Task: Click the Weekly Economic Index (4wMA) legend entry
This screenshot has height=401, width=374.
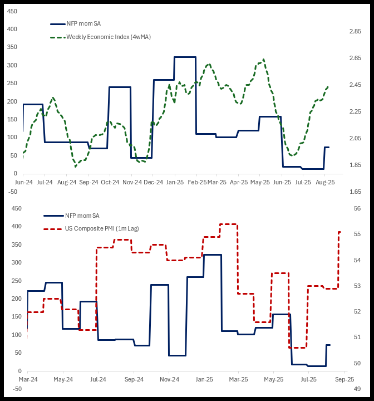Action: (108, 37)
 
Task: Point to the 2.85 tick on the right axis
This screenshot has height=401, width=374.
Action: (356, 32)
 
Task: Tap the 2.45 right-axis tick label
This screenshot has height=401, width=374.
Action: (356, 85)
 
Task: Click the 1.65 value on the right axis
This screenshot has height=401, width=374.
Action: (356, 192)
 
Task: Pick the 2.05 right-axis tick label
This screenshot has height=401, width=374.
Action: (356, 139)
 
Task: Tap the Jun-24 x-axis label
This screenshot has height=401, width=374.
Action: (23, 182)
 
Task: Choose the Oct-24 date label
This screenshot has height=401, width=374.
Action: (110, 182)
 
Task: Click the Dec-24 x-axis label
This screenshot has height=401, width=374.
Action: (154, 182)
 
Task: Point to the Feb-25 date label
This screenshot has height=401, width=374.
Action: (196, 182)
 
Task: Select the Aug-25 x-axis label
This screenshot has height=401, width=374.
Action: (325, 182)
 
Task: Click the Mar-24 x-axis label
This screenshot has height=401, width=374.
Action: (28, 379)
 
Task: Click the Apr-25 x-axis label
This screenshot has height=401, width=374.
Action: (239, 182)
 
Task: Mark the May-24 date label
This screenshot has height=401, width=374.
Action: (63, 379)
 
